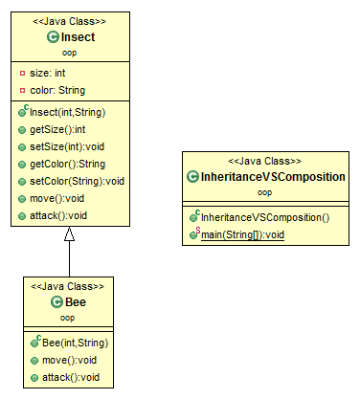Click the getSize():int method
[62, 129]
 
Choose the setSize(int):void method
[69, 146]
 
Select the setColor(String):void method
[77, 181]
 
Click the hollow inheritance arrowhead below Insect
[69, 237]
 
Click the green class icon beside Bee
[56, 301]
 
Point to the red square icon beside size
[23, 73]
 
